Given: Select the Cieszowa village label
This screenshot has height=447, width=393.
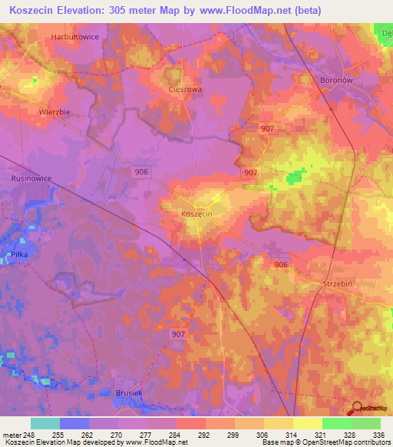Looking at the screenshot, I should coord(184,89).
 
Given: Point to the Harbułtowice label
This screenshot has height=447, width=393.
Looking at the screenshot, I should coord(75,37).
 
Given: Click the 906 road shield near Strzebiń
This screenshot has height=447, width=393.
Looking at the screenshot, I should coord(282,264).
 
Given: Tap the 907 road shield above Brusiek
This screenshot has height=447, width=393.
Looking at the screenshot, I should coord(178,334).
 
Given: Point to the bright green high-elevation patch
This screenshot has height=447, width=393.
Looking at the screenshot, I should coord(292,179).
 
